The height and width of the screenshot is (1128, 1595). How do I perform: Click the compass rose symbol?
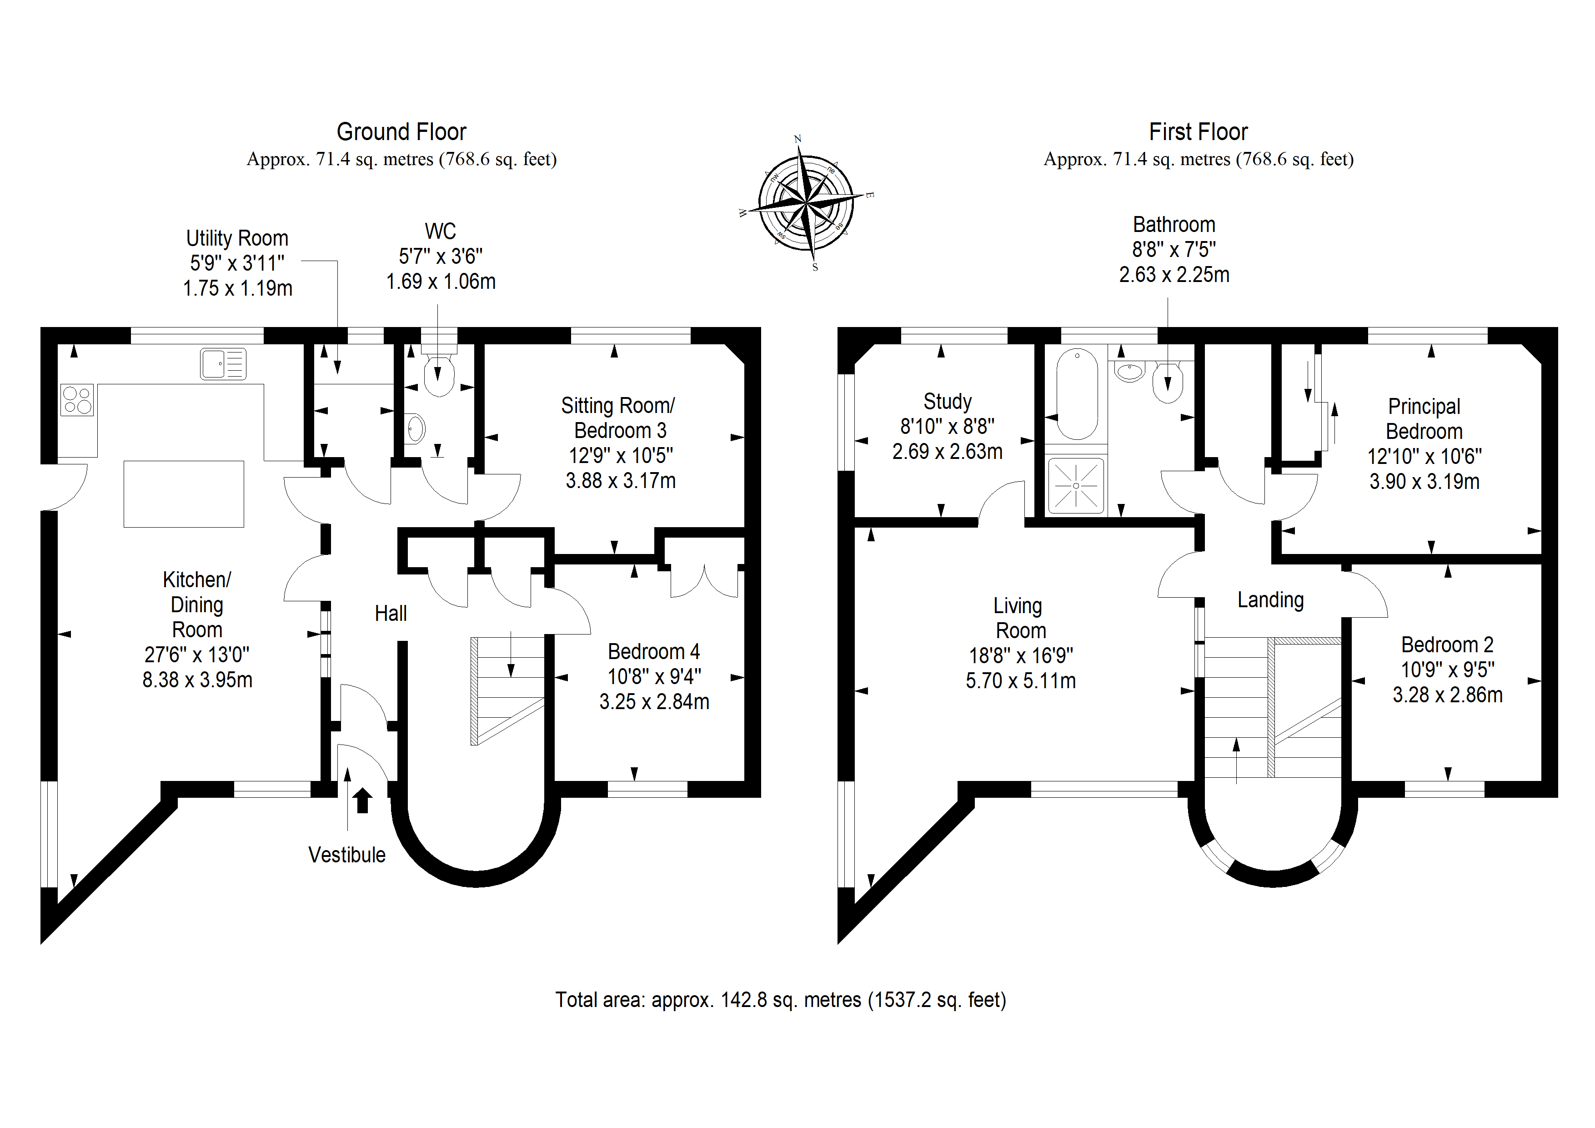click(x=806, y=202)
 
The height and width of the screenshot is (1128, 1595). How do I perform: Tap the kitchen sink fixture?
click(x=223, y=363)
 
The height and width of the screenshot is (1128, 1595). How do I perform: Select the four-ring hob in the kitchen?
click(x=77, y=400)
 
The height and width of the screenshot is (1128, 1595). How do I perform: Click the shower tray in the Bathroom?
click(x=1075, y=485)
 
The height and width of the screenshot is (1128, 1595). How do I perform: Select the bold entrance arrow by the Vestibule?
click(x=362, y=800)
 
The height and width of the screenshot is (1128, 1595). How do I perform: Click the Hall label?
click(x=391, y=614)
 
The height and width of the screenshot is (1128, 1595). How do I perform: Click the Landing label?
click(x=1270, y=600)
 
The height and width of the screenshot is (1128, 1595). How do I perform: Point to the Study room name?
click(x=947, y=402)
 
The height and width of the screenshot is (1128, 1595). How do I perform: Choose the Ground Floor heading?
click(x=401, y=131)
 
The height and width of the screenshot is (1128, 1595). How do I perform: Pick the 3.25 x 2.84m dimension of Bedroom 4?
click(x=654, y=702)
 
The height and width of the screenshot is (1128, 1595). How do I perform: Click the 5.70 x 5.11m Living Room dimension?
click(x=1020, y=680)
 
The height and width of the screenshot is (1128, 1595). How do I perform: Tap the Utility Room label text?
click(x=237, y=238)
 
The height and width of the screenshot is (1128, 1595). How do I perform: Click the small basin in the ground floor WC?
click(x=415, y=429)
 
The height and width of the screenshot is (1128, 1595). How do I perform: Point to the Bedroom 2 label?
click(x=1447, y=645)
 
